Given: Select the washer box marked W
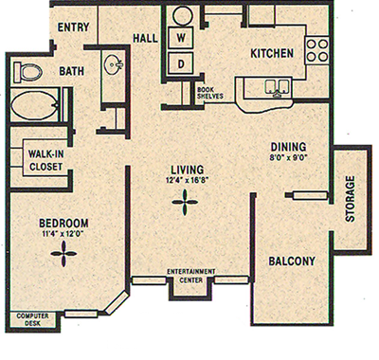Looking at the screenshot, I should coord(180,37).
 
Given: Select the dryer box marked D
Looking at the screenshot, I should coord(180,63).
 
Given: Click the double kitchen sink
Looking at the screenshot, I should coord(276,87).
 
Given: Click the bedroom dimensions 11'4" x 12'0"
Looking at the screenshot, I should coord(63,231).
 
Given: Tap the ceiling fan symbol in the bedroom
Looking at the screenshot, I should coord(64,251).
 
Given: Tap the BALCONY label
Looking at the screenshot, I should coord(291,261).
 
